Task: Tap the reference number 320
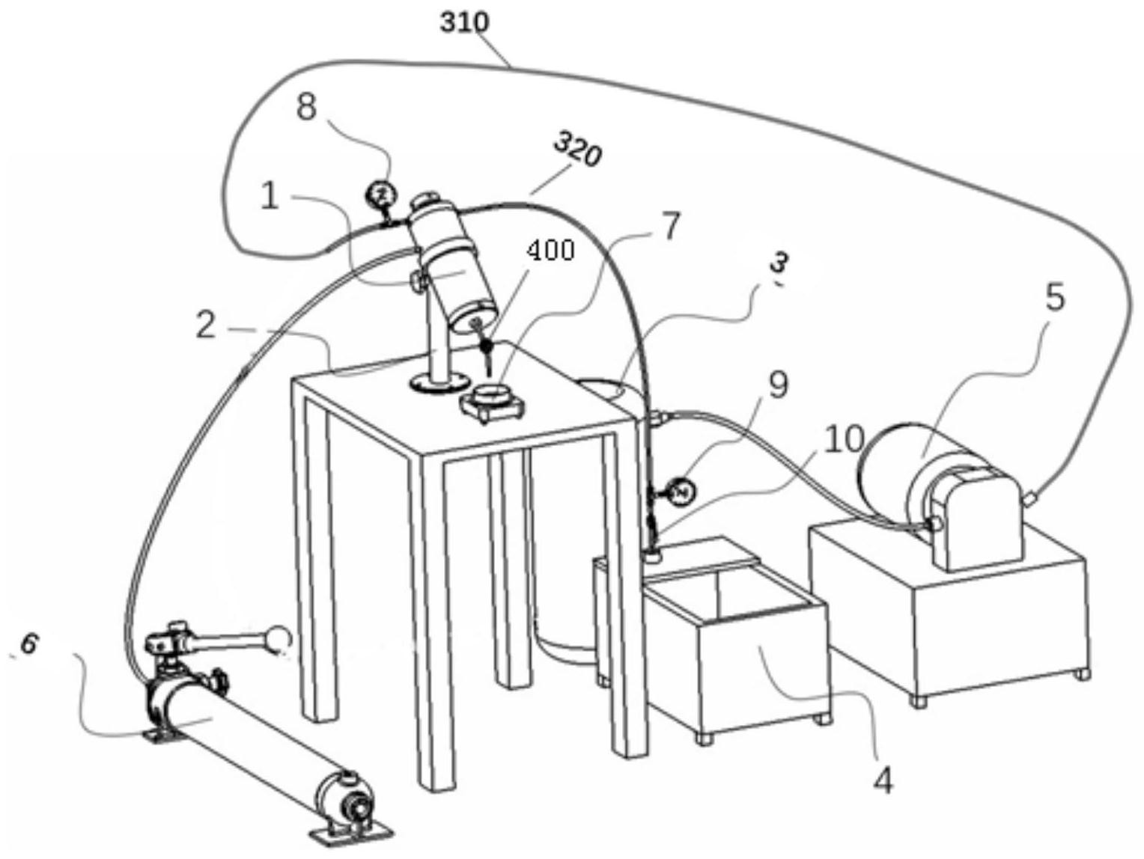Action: coord(578,150)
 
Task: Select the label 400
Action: coord(550,251)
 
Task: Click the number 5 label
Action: coord(1055,298)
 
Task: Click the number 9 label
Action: coord(778,385)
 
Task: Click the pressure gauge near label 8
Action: coord(383,196)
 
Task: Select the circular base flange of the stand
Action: coord(439,382)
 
